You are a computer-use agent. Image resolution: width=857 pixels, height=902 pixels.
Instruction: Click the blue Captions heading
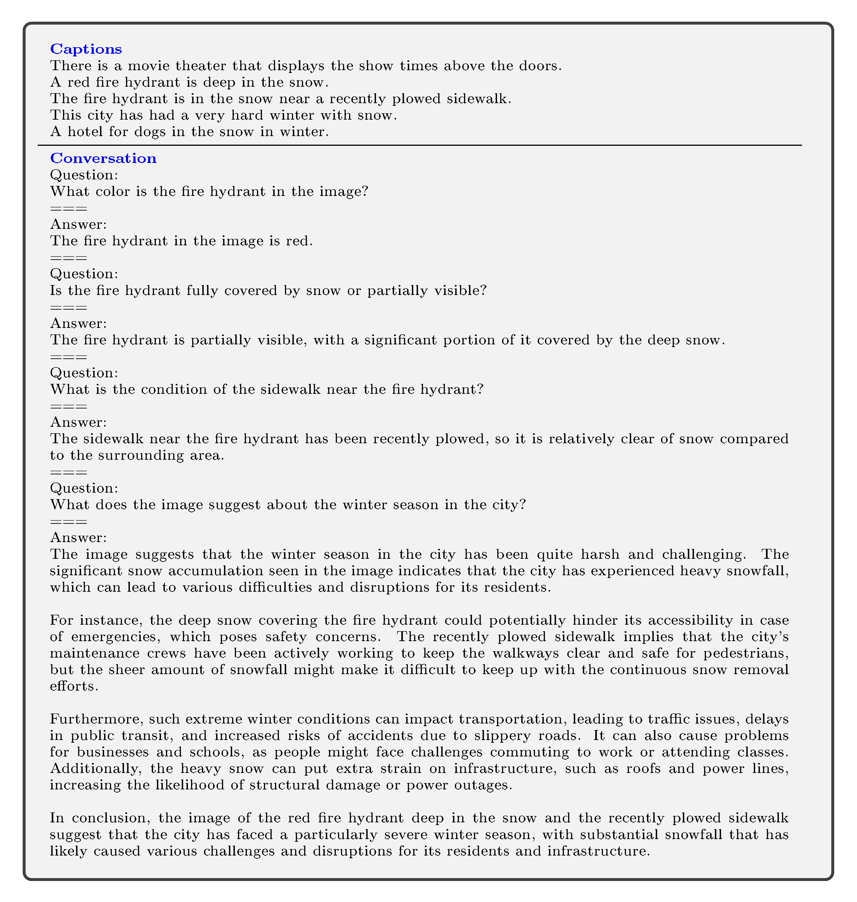86,49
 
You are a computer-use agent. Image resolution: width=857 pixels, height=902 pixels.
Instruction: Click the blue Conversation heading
103,158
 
